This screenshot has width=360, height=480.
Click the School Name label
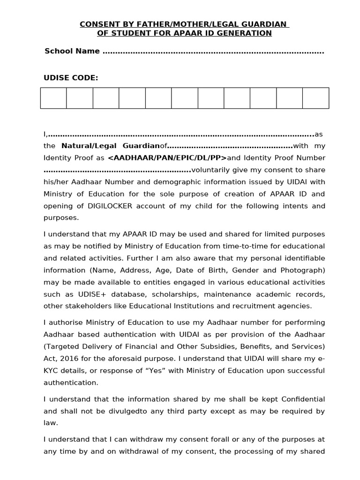(x=72, y=51)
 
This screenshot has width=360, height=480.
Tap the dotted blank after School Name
(x=213, y=52)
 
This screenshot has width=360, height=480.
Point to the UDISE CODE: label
(x=71, y=78)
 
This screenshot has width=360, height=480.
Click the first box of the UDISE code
(x=53, y=98)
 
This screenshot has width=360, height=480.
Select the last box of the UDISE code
(x=315, y=98)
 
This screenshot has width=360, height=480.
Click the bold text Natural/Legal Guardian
(x=111, y=146)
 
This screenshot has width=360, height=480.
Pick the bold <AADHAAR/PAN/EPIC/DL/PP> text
(x=167, y=158)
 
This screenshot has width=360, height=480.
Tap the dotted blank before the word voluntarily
(x=117, y=170)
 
